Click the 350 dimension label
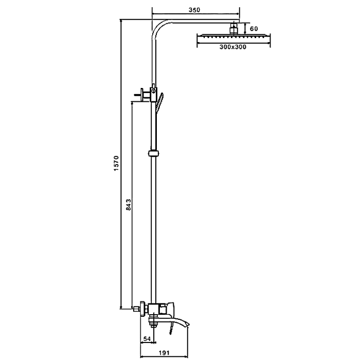click(x=194, y=10)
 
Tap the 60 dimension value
click(x=254, y=29)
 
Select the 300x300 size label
click(x=233, y=47)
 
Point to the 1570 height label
click(x=116, y=163)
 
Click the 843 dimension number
click(x=129, y=205)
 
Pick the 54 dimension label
click(x=147, y=338)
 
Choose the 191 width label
click(x=164, y=352)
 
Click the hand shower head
click(x=159, y=101)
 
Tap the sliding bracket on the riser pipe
click(x=154, y=153)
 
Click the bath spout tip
click(x=188, y=323)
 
